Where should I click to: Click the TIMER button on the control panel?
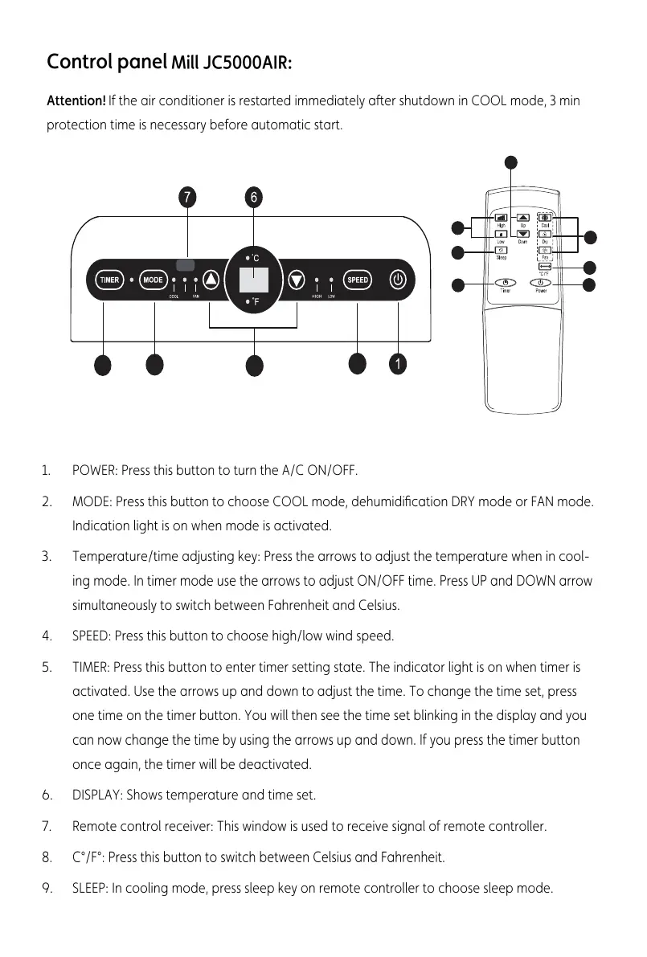pyautogui.click(x=109, y=280)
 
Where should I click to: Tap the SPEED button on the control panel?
pyautogui.click(x=358, y=280)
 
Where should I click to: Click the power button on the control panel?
pyautogui.click(x=398, y=280)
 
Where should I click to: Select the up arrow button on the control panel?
pyautogui.click(x=211, y=280)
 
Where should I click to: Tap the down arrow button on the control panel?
pyautogui.click(x=297, y=280)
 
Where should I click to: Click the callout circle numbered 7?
pyautogui.click(x=186, y=197)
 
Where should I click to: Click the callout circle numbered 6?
pyautogui.click(x=253, y=197)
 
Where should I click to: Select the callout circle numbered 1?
pyautogui.click(x=396, y=364)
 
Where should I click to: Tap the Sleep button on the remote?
pyautogui.click(x=502, y=251)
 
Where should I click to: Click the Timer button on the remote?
pyautogui.click(x=504, y=283)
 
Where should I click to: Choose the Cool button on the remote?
pyautogui.click(x=545, y=217)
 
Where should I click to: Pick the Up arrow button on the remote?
pyautogui.click(x=523, y=217)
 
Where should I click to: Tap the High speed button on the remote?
pyautogui.click(x=502, y=217)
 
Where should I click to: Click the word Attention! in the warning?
pyautogui.click(x=76, y=101)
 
